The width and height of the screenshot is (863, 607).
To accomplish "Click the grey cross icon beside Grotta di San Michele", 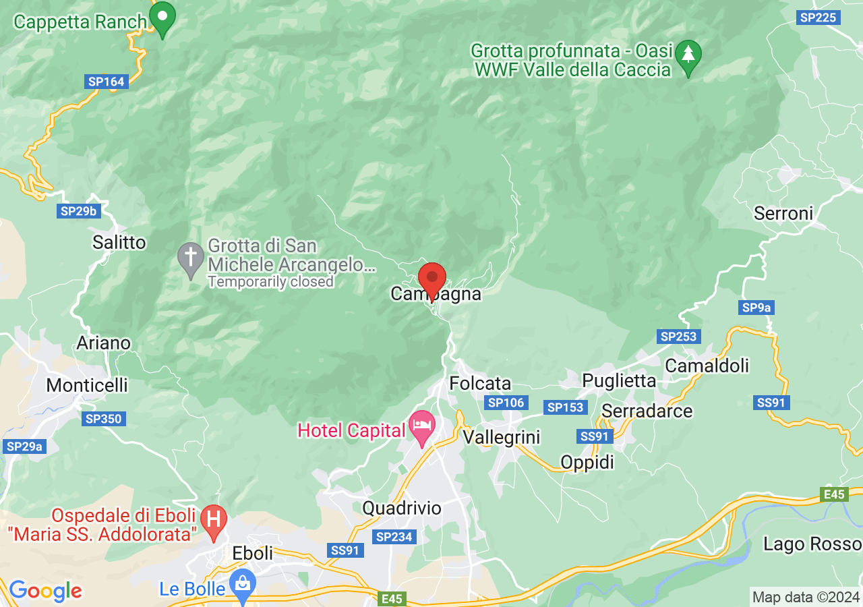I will [x=190, y=258].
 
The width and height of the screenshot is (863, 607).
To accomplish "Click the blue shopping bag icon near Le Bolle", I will [x=241, y=585].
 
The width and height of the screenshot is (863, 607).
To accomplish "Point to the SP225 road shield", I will [x=818, y=18].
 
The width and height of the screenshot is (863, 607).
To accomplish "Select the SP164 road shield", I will [x=107, y=82].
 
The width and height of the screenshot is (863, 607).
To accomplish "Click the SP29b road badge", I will [x=79, y=211].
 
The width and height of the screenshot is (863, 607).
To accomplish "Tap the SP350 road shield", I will [x=104, y=419].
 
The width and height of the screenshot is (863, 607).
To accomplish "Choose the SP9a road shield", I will [x=756, y=308].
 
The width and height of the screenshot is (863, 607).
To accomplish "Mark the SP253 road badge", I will [x=679, y=337].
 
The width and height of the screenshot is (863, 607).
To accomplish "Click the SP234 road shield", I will [x=394, y=537].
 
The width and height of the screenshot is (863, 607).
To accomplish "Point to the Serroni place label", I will [x=783, y=214].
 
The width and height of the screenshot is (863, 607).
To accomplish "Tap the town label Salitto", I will [x=119, y=242].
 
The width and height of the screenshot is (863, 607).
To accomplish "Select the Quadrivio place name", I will [x=402, y=508].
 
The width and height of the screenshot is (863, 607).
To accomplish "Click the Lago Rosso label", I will [x=812, y=544].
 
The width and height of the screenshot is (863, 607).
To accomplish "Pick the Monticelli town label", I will [x=87, y=385].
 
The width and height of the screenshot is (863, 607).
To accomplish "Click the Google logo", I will [x=45, y=591].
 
